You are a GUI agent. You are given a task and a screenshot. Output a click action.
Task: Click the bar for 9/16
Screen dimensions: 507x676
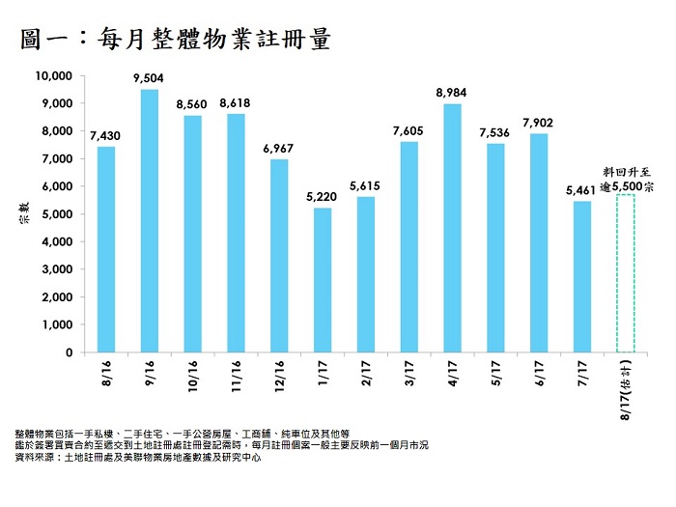150,221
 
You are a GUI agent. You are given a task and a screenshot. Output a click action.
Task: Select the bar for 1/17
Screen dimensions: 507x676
323,280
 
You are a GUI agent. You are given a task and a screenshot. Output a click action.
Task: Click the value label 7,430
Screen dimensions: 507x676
106,136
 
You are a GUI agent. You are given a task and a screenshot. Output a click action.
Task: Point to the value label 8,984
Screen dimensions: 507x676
452,93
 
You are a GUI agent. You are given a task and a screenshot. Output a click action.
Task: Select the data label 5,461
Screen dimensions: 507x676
582,190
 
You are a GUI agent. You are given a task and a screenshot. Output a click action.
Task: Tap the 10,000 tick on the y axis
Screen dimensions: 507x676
54,75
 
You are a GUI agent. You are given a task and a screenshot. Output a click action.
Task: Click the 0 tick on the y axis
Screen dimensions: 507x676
70,352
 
